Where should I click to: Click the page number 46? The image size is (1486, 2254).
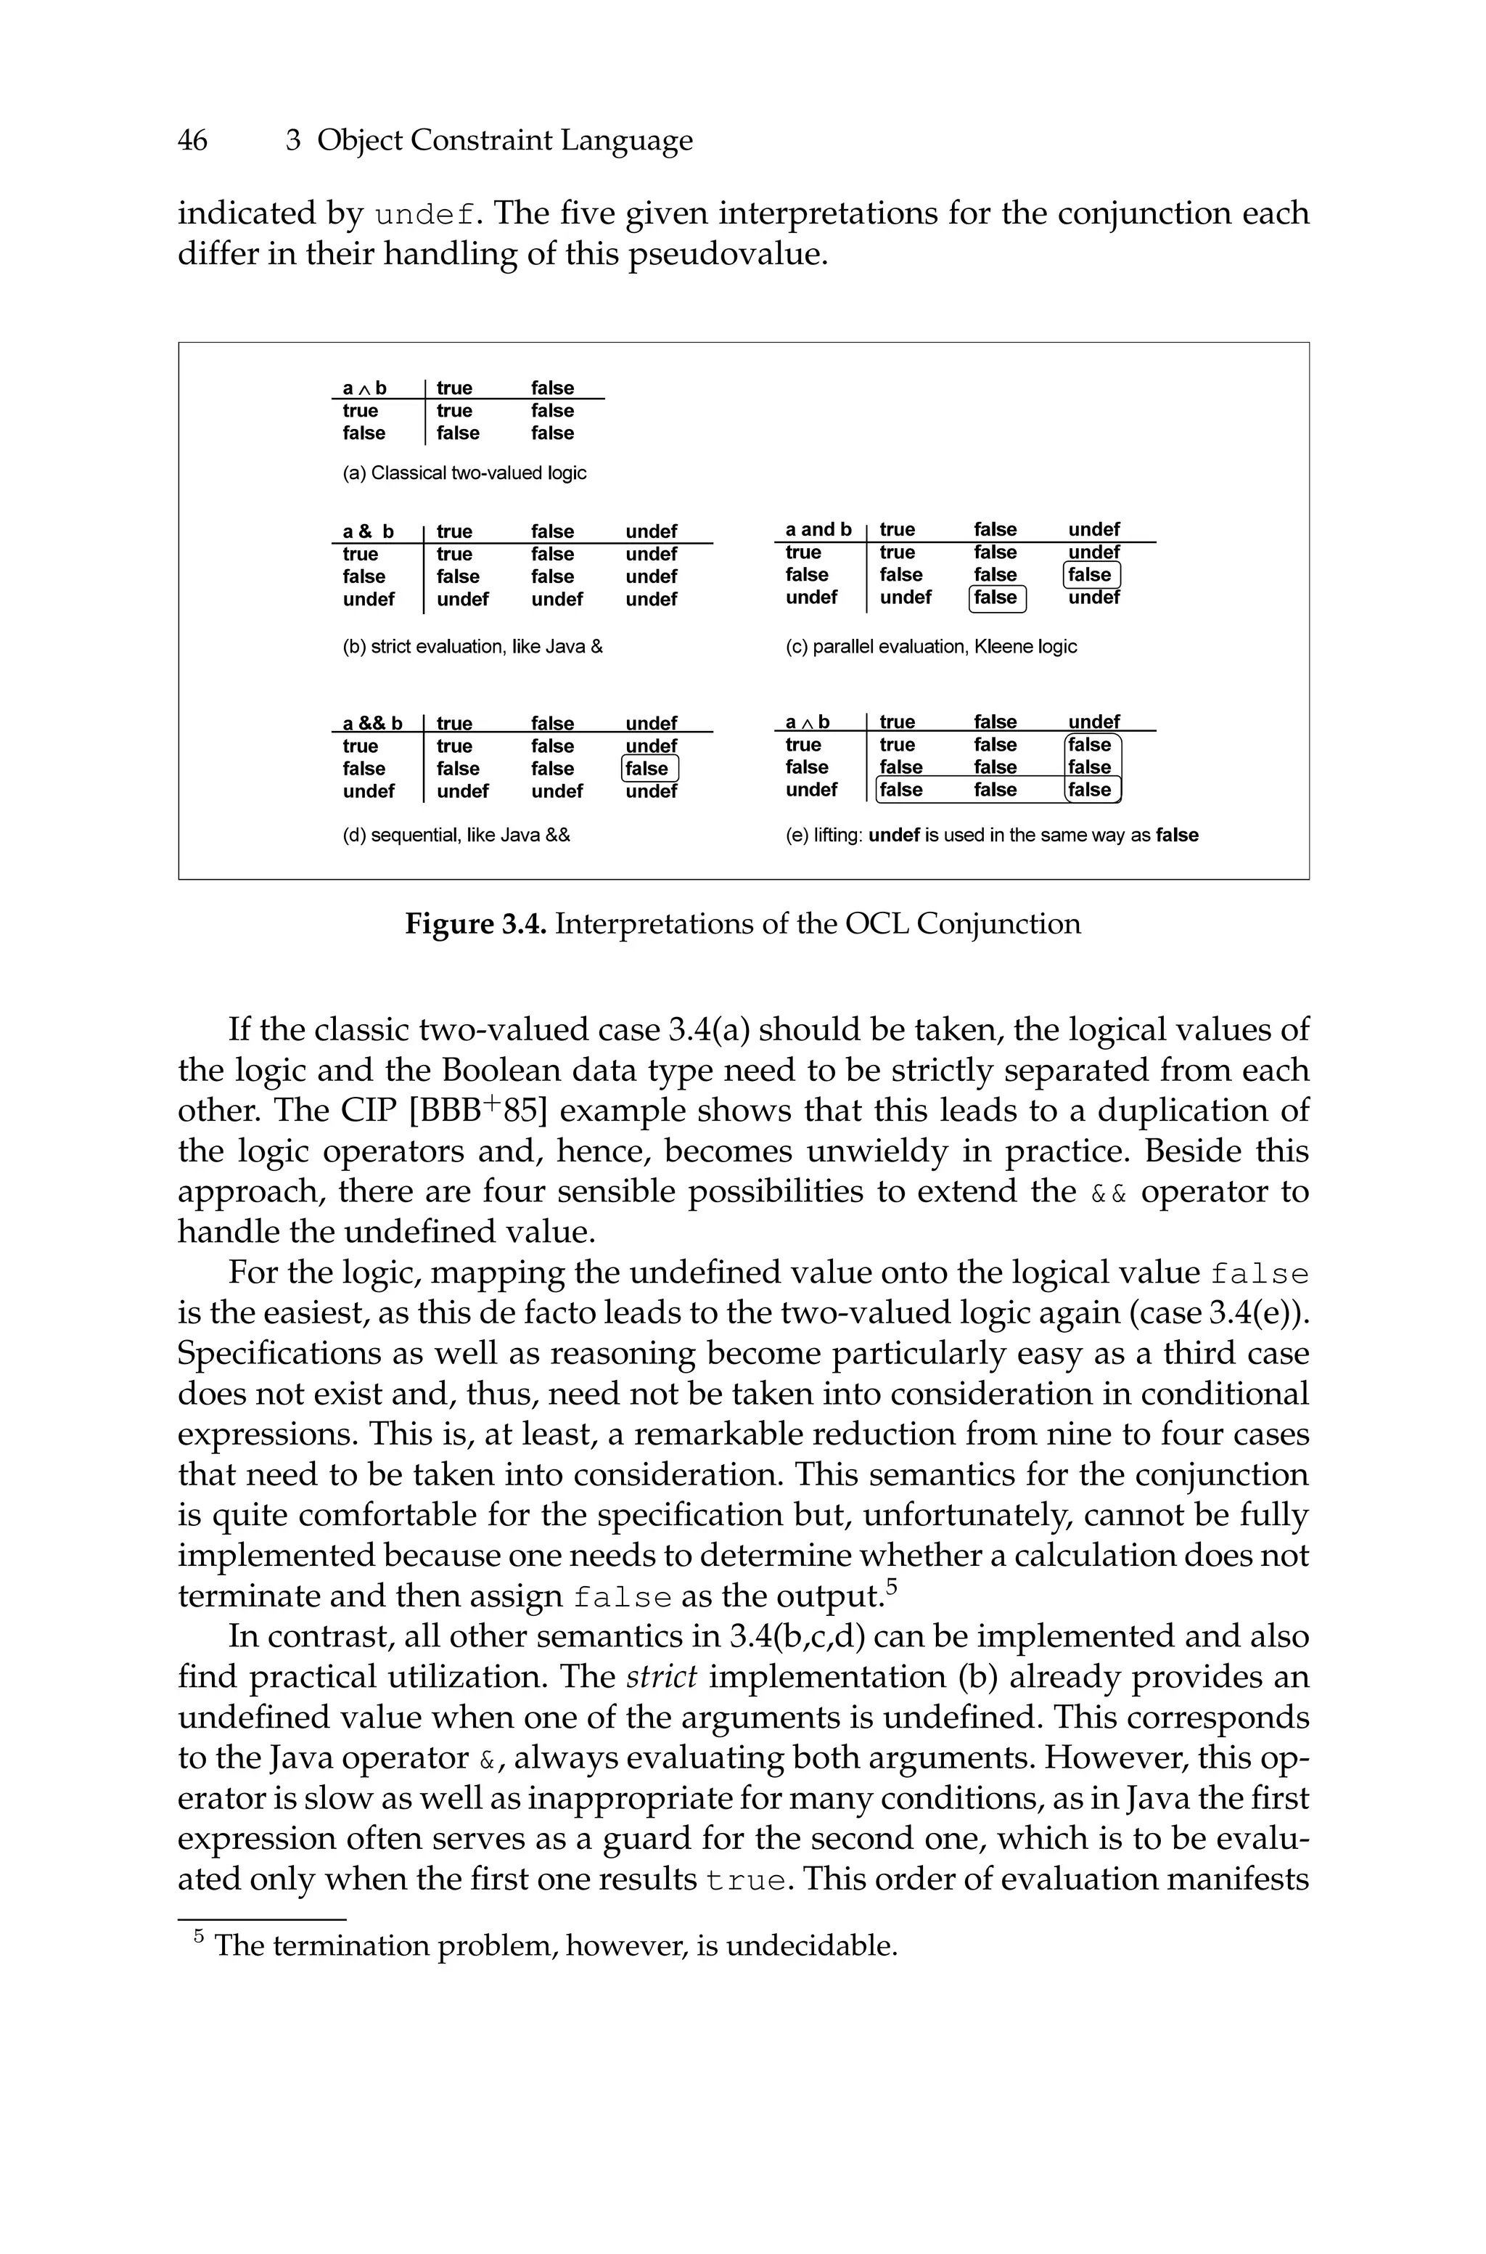tap(192, 140)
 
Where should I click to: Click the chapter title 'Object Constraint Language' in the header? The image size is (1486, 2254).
tap(504, 140)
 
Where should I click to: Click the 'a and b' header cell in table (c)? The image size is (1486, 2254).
tap(818, 530)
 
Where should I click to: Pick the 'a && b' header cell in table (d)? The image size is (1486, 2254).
tap(371, 723)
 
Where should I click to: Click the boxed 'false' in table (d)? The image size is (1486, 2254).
tap(649, 769)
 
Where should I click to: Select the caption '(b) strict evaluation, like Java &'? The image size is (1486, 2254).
tap(472, 647)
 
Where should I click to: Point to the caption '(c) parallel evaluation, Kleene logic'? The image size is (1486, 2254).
tap(931, 647)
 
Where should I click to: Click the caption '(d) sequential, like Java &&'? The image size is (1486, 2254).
tap(456, 835)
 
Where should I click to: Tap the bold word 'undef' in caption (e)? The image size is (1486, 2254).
tap(894, 835)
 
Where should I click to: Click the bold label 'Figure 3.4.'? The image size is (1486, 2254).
tap(476, 923)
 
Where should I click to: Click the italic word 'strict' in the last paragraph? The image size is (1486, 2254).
tap(662, 1677)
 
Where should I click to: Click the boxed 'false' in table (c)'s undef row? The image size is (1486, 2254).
tap(997, 598)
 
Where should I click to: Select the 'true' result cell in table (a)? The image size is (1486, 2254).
tap(454, 410)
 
